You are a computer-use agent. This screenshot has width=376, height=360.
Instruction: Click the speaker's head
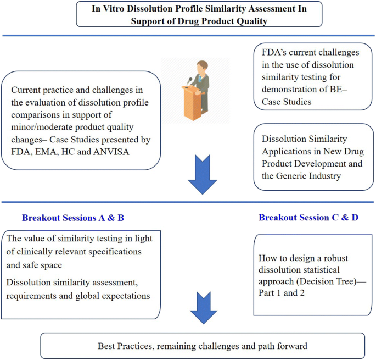(201, 66)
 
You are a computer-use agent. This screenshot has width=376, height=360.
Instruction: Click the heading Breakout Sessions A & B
(73, 218)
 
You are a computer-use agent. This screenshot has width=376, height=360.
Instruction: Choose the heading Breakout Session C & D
(308, 218)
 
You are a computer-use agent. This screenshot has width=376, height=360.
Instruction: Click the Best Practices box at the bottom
(203, 347)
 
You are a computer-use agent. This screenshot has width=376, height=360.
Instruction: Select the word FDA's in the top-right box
(272, 54)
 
